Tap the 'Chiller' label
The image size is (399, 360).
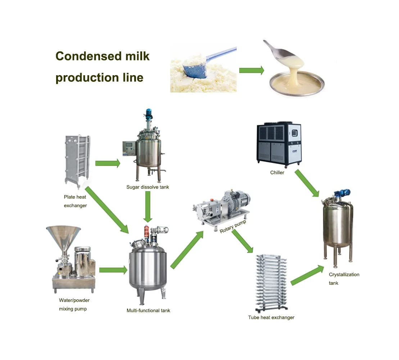point(277,172)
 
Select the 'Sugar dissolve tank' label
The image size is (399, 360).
point(148,187)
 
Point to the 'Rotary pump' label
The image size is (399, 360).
point(233,226)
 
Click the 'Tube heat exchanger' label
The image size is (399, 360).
point(271,318)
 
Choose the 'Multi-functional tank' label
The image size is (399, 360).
point(148,311)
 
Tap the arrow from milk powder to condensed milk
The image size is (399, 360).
point(251,70)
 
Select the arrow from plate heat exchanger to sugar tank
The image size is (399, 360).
point(108,163)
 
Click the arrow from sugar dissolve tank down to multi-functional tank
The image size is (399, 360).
point(148,207)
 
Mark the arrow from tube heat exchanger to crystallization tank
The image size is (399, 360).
point(307,275)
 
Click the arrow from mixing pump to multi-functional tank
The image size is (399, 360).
point(113,270)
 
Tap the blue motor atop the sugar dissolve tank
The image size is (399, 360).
point(148,112)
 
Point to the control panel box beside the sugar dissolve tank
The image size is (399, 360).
point(129,148)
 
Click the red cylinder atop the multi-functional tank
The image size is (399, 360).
point(146,232)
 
